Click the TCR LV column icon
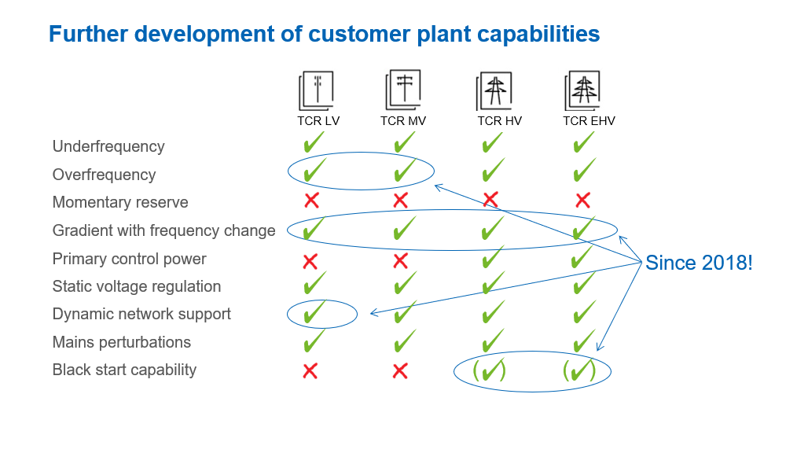(x=317, y=90)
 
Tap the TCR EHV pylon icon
(x=582, y=90)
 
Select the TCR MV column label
(x=403, y=121)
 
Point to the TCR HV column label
(x=499, y=121)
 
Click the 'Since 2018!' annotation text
(x=699, y=263)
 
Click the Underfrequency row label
(x=108, y=146)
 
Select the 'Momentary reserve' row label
(x=120, y=202)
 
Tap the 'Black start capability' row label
(x=124, y=370)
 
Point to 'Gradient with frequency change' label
(x=163, y=230)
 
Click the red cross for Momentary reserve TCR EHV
(x=582, y=200)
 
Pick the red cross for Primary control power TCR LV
(x=310, y=261)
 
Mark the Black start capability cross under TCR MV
(x=400, y=371)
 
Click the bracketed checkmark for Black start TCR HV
(x=489, y=370)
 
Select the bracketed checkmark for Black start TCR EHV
(x=579, y=370)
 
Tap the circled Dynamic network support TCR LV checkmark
(x=314, y=311)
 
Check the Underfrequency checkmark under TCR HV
(x=492, y=142)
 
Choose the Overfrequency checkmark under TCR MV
(x=405, y=170)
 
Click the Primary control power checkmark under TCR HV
(x=493, y=256)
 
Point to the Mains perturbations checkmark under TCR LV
(x=314, y=340)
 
